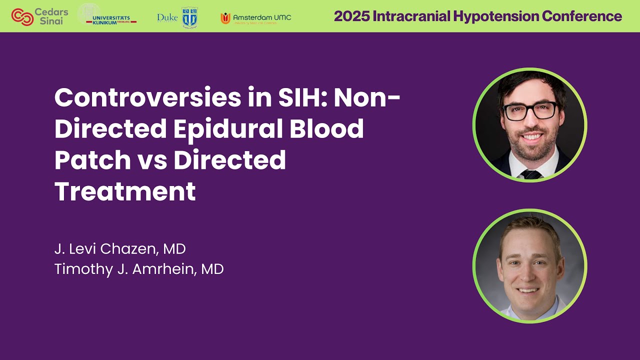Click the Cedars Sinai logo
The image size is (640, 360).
[x=39, y=16]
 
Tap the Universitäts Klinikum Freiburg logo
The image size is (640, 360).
[x=107, y=15]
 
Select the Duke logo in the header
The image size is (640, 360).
[x=177, y=17]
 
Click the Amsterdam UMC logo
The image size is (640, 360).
[x=255, y=18]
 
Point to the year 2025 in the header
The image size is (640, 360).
[x=352, y=16]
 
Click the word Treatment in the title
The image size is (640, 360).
[x=125, y=191]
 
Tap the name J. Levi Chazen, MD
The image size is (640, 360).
[x=120, y=248]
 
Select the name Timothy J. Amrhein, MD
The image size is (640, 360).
[x=139, y=269]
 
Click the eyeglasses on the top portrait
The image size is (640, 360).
[x=530, y=110]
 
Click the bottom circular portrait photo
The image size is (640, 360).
[x=530, y=266]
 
